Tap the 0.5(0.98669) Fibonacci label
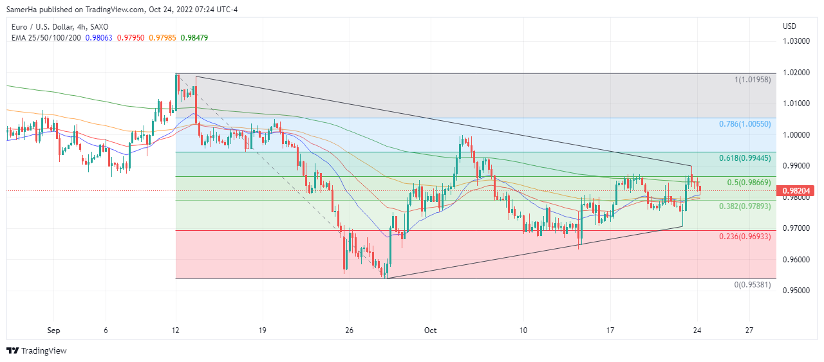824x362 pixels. point(749,183)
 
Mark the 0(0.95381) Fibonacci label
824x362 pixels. point(753,285)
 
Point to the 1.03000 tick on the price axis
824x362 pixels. point(796,41)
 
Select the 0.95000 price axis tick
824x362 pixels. point(796,291)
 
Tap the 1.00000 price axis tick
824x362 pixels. point(796,134)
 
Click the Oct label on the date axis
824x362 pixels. point(430,330)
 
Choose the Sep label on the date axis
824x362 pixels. point(53,330)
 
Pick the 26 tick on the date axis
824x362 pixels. point(348,330)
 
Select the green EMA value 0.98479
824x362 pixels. point(194,37)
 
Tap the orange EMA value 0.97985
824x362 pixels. point(162,37)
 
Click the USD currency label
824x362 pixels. point(789,26)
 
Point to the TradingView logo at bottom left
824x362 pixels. point(37,350)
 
